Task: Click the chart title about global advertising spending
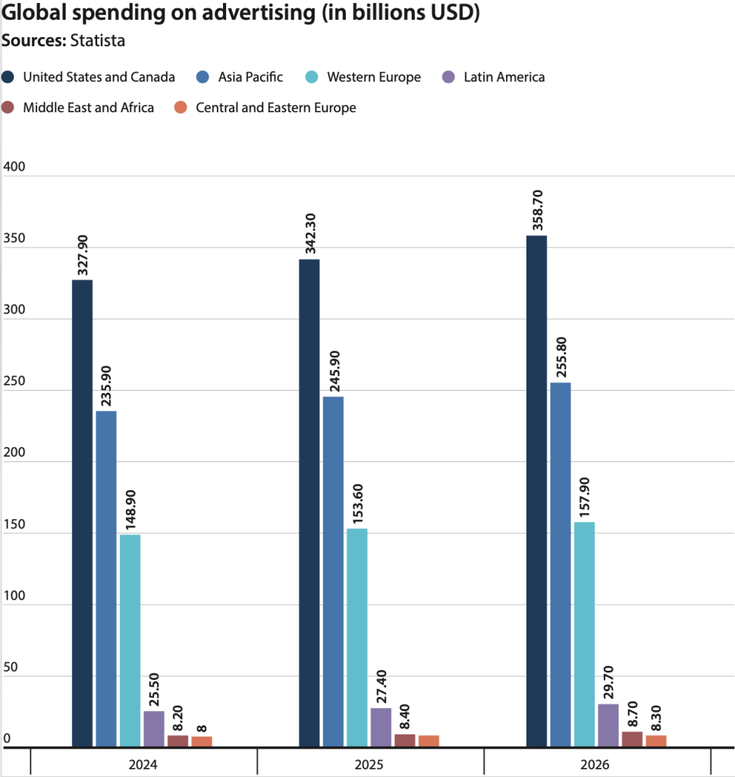pos(240,14)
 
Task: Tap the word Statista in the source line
pos(97,41)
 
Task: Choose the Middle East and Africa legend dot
pos(9,108)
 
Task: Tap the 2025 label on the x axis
pos(371,763)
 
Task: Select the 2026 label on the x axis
pos(598,763)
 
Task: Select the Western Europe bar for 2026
pos(584,634)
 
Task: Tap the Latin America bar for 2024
pos(154,729)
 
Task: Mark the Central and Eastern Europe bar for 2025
pos(429,741)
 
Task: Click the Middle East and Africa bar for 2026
pos(632,739)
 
